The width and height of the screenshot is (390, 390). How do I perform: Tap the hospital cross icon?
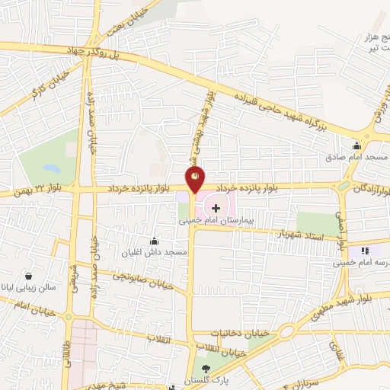[x=216, y=207]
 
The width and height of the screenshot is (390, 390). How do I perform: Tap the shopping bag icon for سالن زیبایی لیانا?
[x=28, y=276]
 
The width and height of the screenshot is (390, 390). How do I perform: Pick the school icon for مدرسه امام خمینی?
[x=365, y=250]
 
